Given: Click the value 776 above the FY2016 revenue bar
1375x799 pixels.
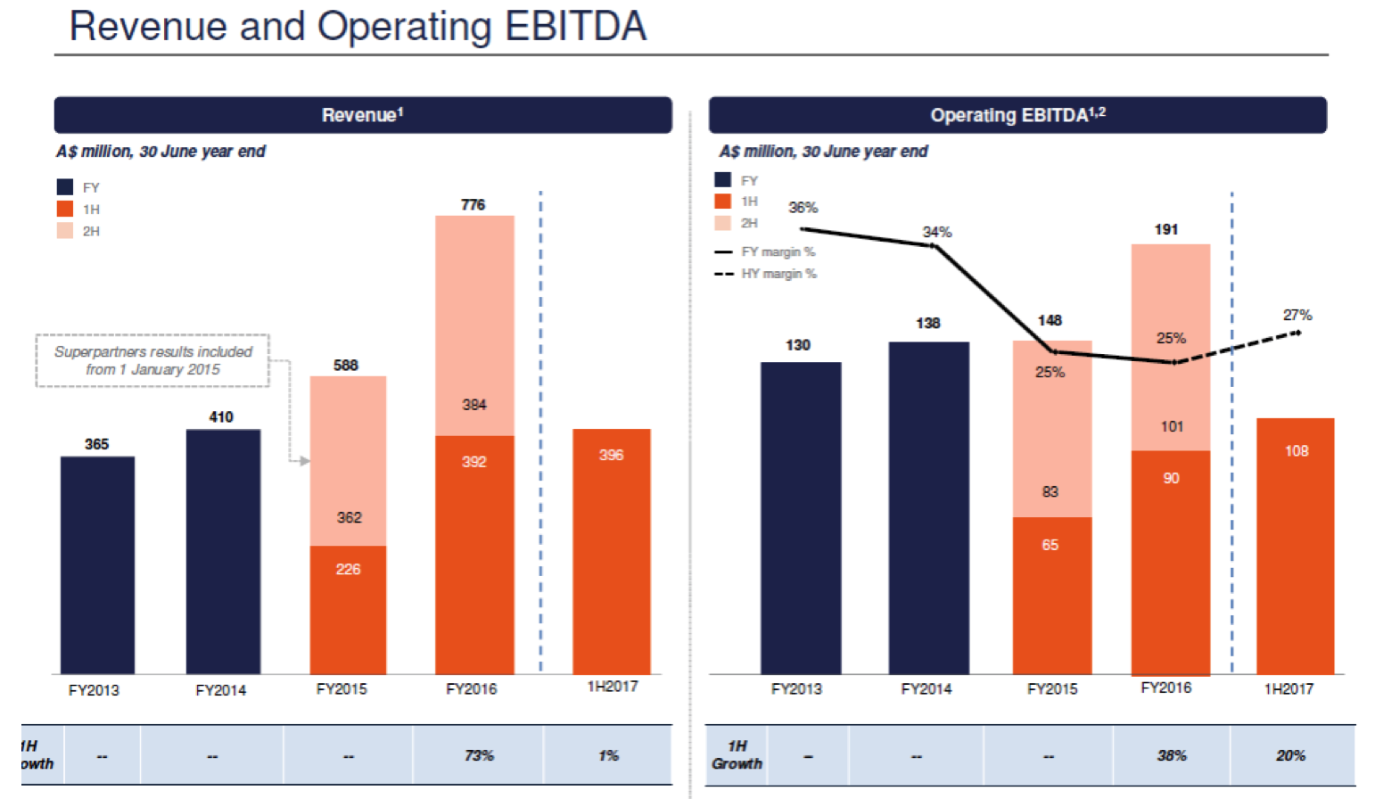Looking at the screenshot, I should (x=473, y=205).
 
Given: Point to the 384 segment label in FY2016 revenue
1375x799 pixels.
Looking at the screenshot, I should (x=474, y=405).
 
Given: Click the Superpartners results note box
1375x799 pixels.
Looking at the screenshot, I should (x=152, y=360).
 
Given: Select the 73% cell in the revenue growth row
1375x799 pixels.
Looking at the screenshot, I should (x=479, y=755).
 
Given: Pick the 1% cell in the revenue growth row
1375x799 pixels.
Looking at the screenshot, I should (x=608, y=755).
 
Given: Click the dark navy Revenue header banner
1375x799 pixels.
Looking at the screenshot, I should (x=363, y=115).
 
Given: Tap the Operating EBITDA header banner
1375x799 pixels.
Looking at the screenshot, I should (x=1017, y=115).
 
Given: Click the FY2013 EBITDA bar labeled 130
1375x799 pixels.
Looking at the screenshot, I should (x=801, y=517).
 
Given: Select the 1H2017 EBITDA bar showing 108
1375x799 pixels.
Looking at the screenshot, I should (x=1295, y=546).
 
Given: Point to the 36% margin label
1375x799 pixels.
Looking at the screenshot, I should (x=803, y=208).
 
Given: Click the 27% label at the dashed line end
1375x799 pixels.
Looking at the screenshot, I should (x=1297, y=316).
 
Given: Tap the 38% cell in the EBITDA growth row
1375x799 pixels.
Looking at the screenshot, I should (x=1172, y=755).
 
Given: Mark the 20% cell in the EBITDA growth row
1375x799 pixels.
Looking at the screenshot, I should (x=1290, y=755).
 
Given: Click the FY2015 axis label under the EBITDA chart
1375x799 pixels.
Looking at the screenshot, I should (x=1052, y=689).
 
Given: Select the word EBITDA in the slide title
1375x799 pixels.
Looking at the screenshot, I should (x=575, y=26).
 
